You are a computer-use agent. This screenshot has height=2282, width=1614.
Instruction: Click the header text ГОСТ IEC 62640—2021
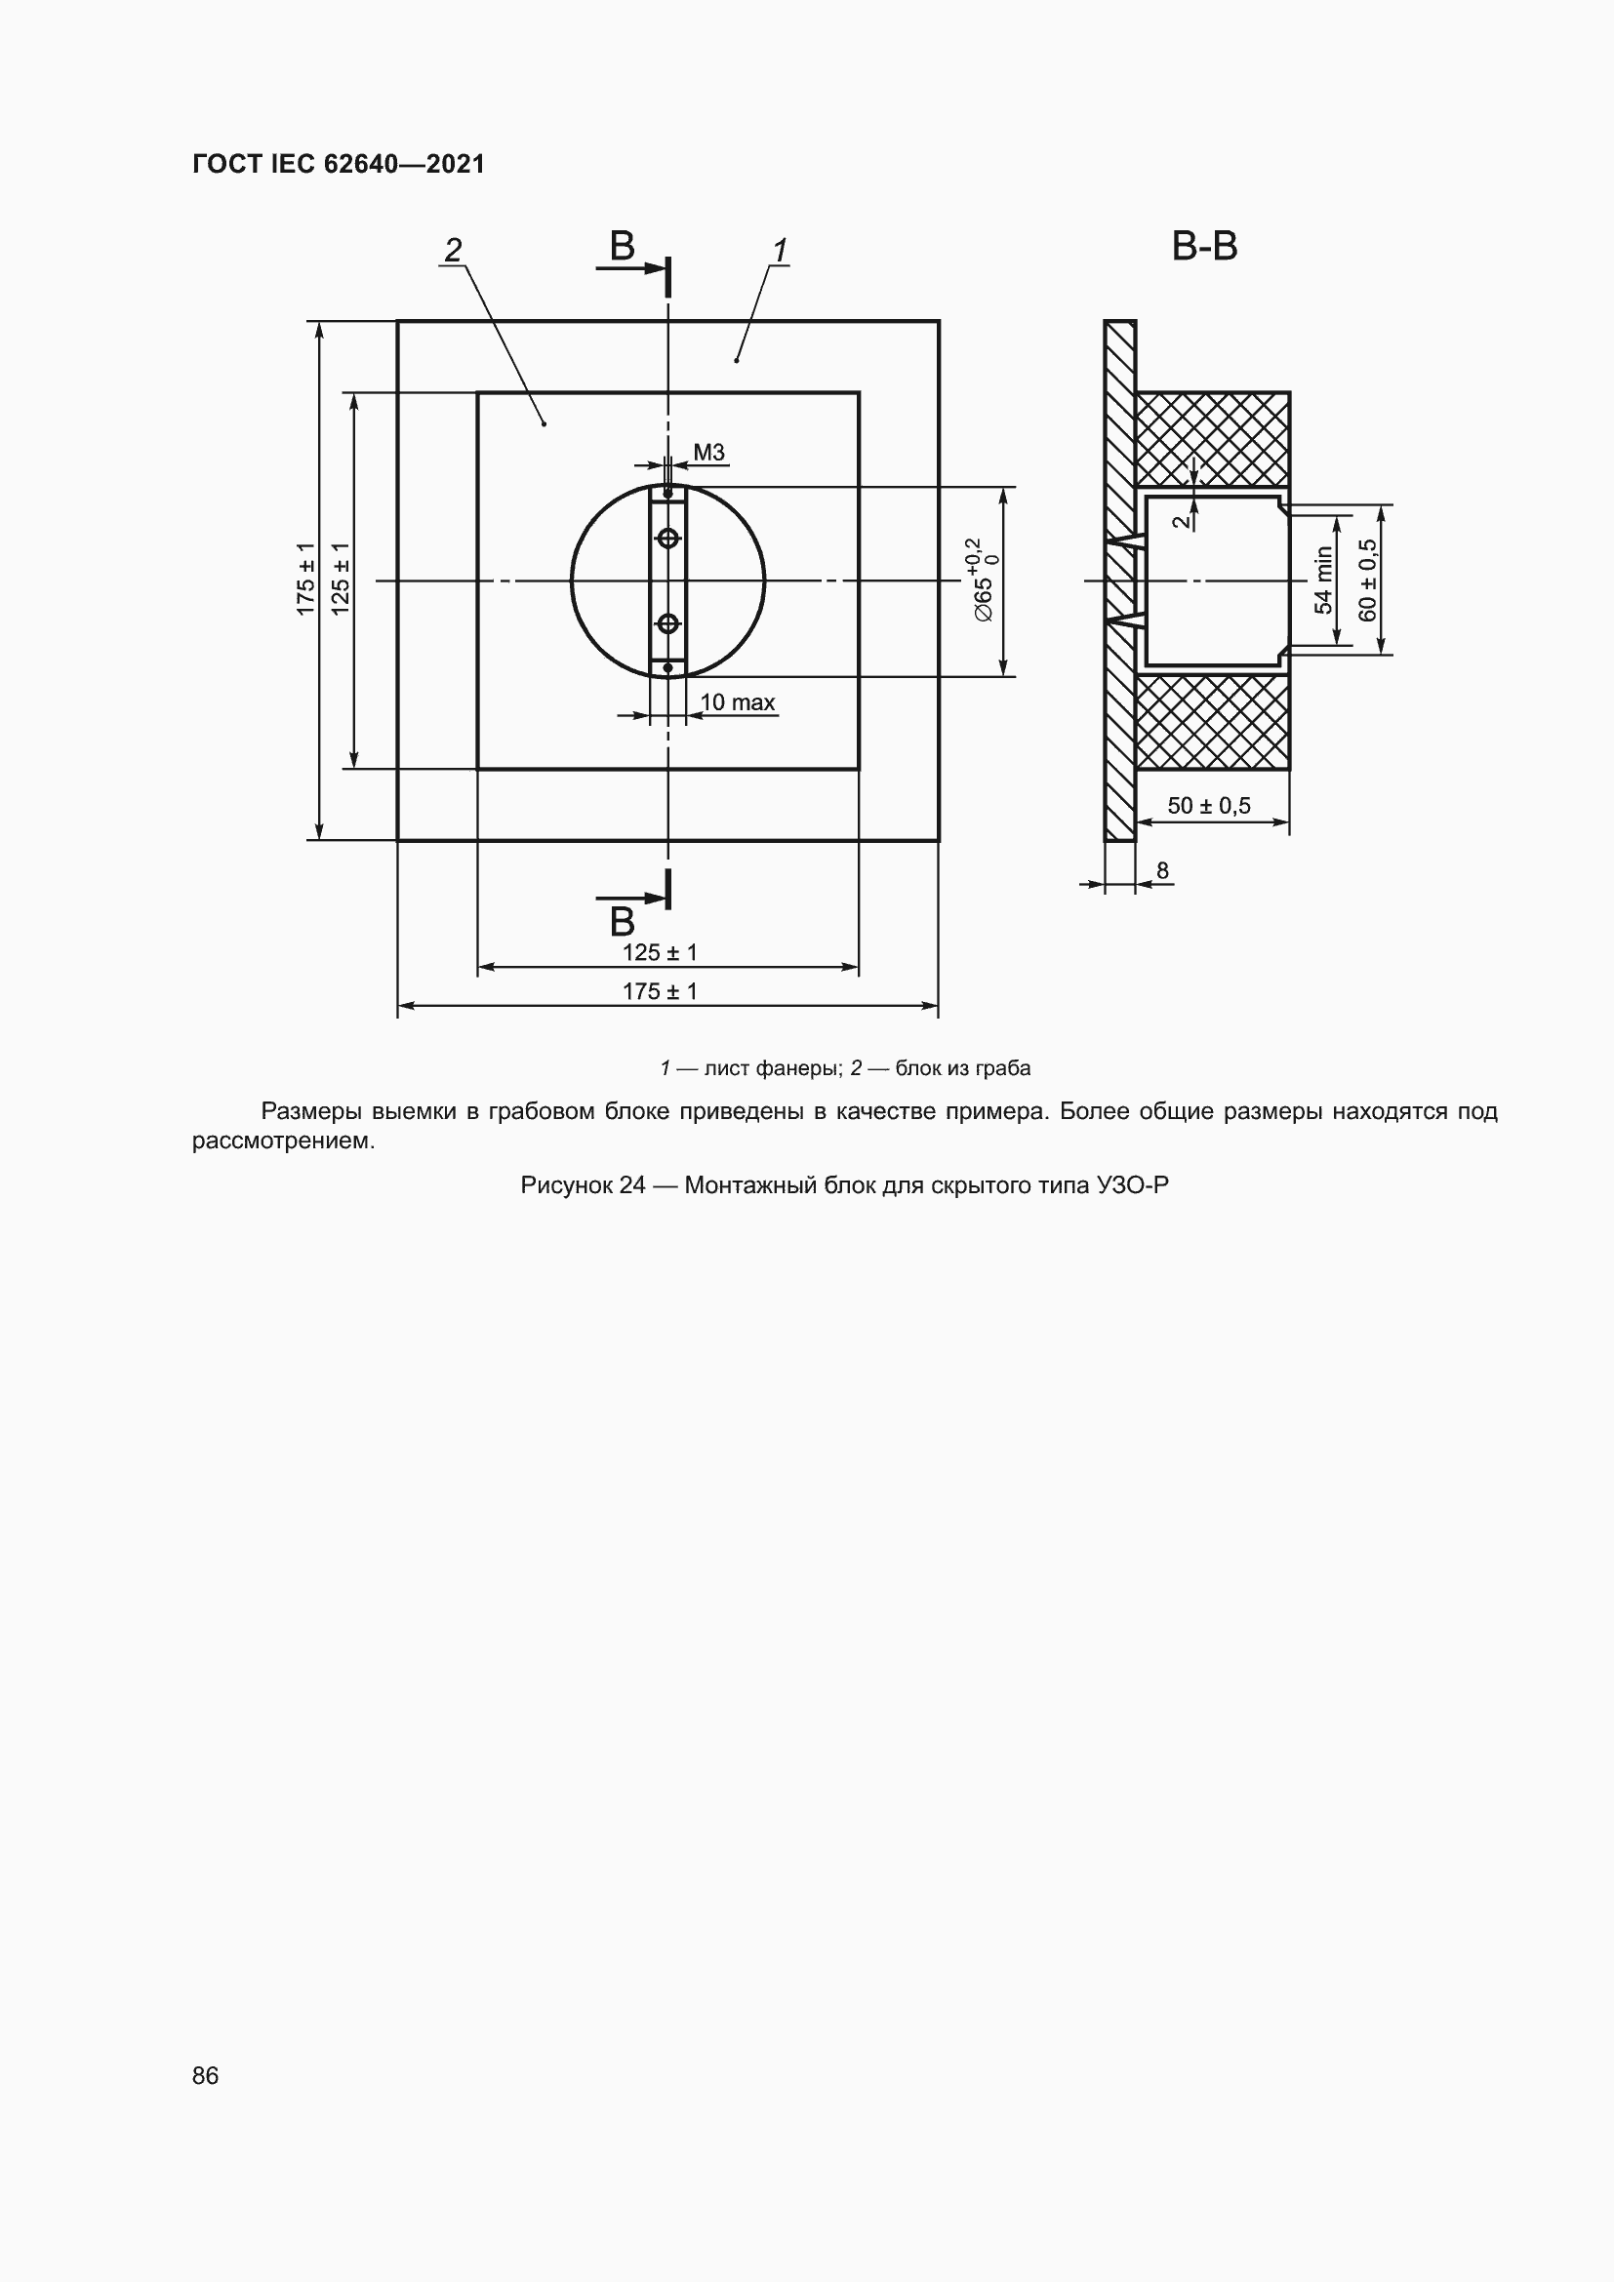338,164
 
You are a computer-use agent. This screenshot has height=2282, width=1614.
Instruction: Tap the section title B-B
1203,247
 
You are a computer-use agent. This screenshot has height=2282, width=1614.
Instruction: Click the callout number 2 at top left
453,251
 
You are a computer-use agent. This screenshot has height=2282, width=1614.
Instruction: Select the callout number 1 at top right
781,251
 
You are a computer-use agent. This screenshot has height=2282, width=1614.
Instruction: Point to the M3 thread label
708,453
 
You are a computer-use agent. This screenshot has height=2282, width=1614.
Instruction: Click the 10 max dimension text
737,702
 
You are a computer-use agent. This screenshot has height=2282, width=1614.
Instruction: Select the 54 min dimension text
1324,581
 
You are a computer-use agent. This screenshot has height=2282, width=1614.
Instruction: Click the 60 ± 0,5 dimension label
1368,581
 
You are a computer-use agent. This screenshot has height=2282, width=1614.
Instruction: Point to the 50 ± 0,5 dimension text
1208,805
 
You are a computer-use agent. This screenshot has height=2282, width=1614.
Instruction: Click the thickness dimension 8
1162,870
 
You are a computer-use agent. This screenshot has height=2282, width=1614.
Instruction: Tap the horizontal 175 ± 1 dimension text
660,991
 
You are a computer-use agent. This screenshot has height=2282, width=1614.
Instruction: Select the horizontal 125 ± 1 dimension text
660,952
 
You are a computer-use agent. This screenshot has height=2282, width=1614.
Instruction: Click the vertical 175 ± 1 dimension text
306,580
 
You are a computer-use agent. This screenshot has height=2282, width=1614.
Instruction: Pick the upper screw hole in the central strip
667,538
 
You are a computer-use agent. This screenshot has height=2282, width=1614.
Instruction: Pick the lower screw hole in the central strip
667,623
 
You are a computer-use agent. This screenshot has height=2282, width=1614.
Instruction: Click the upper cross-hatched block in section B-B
1213,438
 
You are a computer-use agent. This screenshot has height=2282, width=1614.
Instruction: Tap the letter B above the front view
623,246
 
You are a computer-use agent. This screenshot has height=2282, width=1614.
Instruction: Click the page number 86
206,2075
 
